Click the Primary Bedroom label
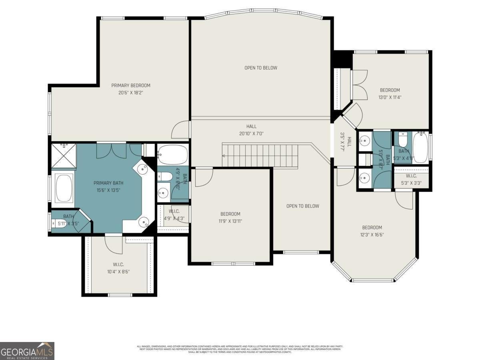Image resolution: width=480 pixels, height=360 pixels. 131,85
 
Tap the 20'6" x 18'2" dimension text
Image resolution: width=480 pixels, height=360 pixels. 131,93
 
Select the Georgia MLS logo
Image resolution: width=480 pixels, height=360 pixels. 27,351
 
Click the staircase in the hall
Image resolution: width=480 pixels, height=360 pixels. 260,156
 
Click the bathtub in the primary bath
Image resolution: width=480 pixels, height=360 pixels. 64,188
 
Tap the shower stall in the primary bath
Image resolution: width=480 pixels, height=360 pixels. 64,156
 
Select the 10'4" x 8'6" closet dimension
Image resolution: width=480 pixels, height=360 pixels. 118,272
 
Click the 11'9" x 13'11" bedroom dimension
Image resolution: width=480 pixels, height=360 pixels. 230,221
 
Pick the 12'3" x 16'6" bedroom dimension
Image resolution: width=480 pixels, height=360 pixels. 372,235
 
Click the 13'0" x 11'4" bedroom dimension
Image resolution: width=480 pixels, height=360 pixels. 390,98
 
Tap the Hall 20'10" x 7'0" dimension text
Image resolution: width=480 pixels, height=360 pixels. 252,134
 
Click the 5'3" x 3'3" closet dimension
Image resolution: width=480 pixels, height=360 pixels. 411,184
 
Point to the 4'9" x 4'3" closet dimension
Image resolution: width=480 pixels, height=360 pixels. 174,218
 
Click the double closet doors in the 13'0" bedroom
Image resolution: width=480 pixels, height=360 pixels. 360,85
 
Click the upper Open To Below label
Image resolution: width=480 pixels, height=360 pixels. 261,68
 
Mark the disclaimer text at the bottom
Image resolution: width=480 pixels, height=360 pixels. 240,349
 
